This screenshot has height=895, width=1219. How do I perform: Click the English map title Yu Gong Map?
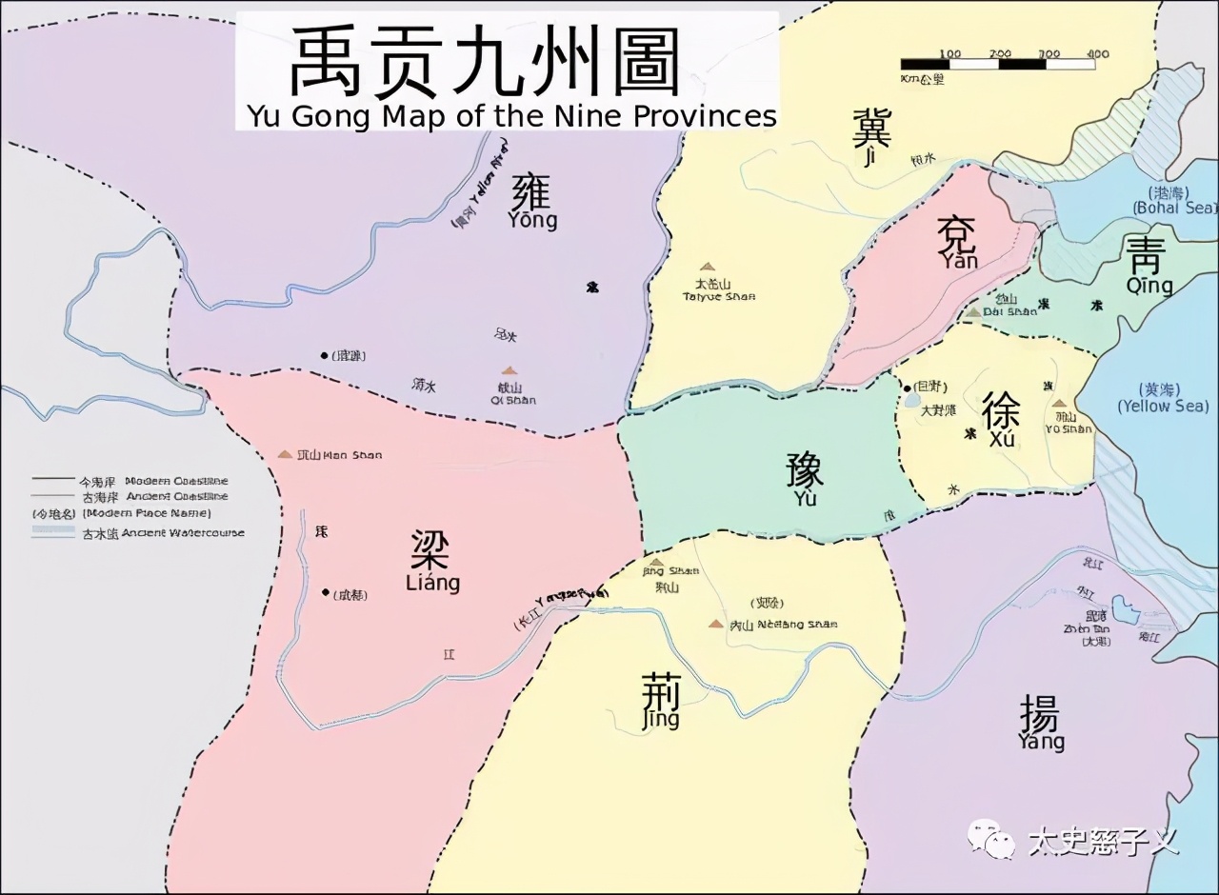pos(511,115)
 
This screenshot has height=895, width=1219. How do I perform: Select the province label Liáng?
pos(431,562)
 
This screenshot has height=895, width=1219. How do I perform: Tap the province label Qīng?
pos(1149,267)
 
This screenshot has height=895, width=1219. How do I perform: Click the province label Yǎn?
pos(956,243)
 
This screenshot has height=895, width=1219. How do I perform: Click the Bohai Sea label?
pos(1174,201)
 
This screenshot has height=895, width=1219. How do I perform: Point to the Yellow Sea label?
pos(1162,398)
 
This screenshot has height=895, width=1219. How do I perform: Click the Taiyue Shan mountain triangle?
pos(706,268)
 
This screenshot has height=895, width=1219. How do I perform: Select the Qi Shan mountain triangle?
pos(510,371)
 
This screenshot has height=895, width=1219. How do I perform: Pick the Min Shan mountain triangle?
pos(285,454)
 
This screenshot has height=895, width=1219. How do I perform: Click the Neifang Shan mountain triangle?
pos(715,624)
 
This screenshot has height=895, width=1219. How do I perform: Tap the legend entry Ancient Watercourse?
pos(138,533)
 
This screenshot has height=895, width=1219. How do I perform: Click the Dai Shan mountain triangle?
pos(973,311)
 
